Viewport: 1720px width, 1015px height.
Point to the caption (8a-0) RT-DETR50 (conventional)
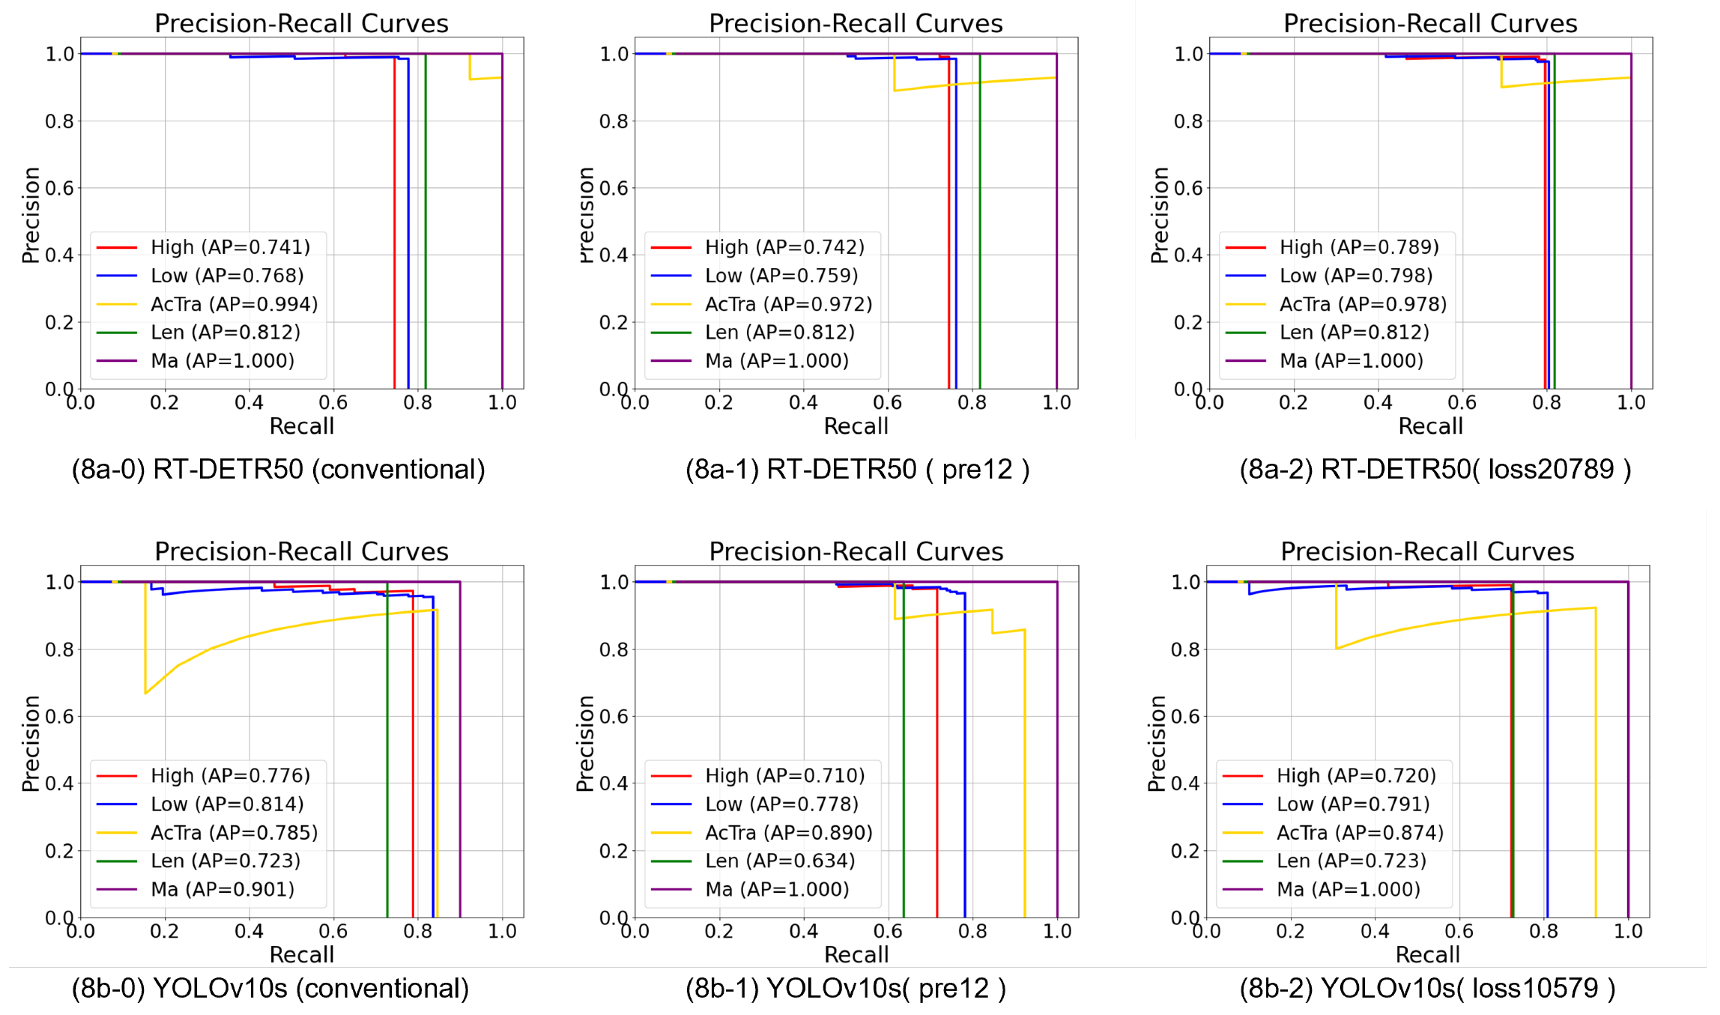point(278,469)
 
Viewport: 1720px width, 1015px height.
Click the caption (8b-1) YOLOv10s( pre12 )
point(845,988)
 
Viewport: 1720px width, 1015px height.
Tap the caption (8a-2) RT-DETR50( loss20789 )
point(1435,469)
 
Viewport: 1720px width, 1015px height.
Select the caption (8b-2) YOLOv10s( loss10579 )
point(1427,988)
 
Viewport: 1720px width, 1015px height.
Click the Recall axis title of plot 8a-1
point(855,426)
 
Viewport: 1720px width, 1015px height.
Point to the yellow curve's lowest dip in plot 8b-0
point(145,693)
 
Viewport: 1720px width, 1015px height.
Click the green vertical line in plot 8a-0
point(425,219)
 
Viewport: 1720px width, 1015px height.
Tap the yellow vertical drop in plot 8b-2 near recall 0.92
point(1595,759)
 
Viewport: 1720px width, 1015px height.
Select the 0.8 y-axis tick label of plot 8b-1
point(614,649)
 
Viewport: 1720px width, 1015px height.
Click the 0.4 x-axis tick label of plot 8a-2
point(1377,403)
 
